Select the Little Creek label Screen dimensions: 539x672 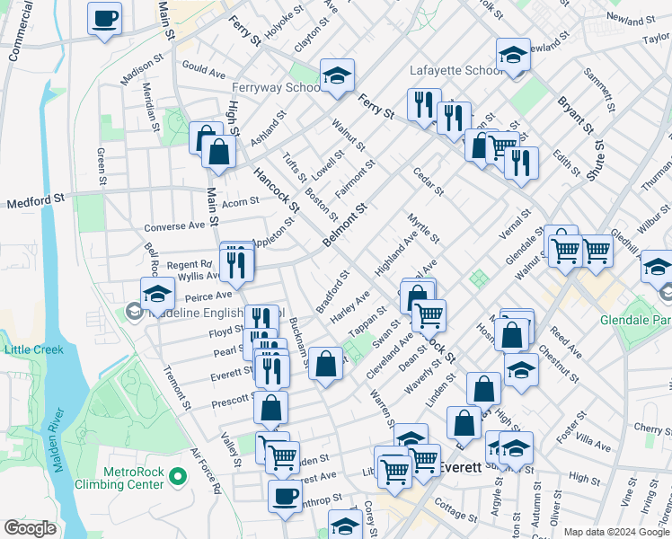pyautogui.click(x=33, y=349)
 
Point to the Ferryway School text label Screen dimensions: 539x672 pyautogui.click(x=276, y=87)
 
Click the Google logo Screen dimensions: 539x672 pyautogui.click(x=30, y=527)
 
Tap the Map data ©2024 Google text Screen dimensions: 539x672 pyautogui.click(x=616, y=532)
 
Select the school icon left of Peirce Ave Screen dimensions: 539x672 pyautogui.click(x=157, y=293)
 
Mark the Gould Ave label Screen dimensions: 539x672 pyautogui.click(x=203, y=68)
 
